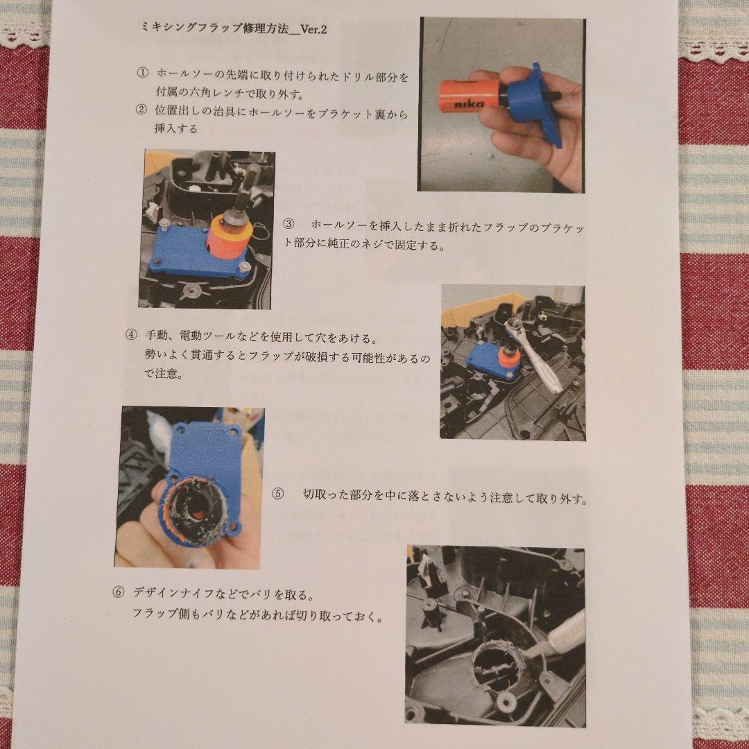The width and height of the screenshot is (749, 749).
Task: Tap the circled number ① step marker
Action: click(142, 74)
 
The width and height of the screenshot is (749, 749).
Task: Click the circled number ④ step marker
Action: click(131, 334)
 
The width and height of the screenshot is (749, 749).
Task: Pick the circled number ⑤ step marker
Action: click(277, 494)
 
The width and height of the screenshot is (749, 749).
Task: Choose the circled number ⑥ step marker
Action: click(119, 592)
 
